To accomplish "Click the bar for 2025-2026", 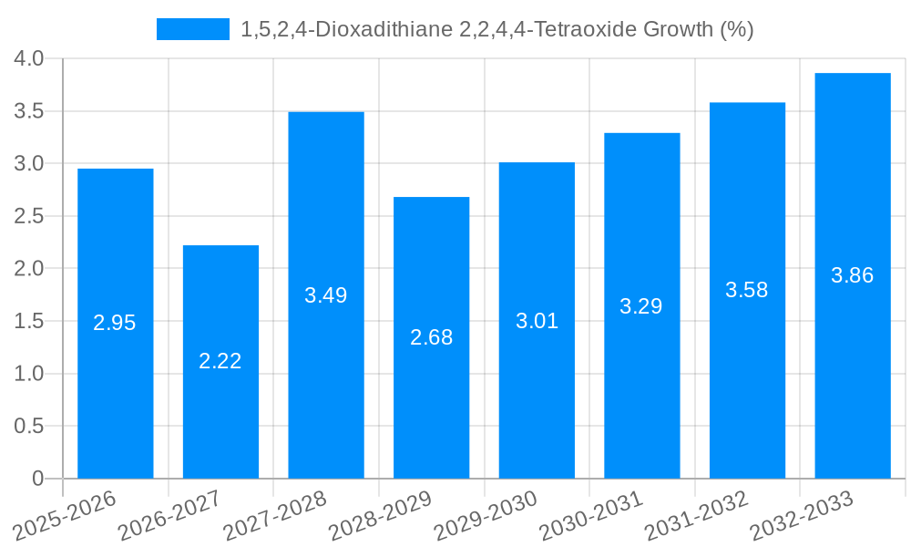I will pos(116,324).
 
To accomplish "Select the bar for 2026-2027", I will pos(220,362).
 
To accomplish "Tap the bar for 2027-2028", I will pos(326,295).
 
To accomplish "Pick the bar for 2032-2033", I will pos(853,275).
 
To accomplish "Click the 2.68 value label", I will pos(431,337).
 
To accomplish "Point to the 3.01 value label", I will pos(537,321).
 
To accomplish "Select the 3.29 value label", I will pos(641,306).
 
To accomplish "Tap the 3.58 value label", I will pos(747,290).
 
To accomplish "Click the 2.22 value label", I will pos(220,361).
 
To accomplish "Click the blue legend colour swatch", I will pos(193,29).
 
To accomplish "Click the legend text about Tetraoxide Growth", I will pos(496,29).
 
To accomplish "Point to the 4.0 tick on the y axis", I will pos(29,58).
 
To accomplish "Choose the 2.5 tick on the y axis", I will pos(29,216).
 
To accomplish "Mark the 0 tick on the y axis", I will pos(37,479).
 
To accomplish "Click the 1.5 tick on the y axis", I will pos(29,321).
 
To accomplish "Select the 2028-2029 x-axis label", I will pos(380,515).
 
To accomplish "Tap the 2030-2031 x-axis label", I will pos(591,515).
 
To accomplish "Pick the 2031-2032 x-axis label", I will pos(697,515).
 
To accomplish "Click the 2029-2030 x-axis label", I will pos(486,515).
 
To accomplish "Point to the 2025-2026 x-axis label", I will pos(65,515).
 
